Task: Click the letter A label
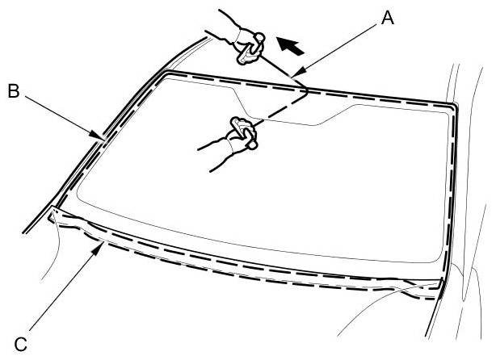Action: coord(388,18)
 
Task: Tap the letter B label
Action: coord(13,91)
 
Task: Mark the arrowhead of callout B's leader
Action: coord(102,139)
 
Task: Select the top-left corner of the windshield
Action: coord(165,73)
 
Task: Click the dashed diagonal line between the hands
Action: coord(279,109)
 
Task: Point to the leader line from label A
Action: coord(339,48)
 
